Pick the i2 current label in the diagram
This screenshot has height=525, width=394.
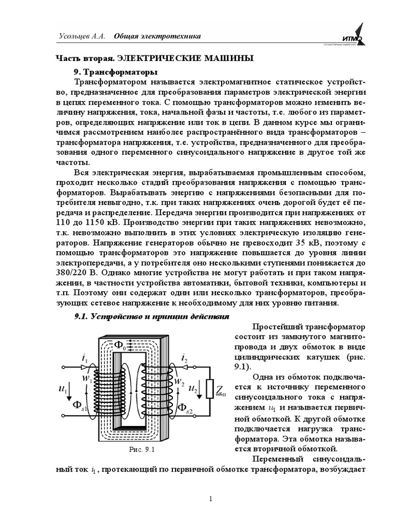point(185,358)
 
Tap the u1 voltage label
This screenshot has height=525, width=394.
point(65,390)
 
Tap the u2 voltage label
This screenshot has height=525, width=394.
point(192,390)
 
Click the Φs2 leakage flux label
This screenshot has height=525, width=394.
point(185,408)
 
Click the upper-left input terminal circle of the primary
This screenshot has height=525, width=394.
point(64,367)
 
